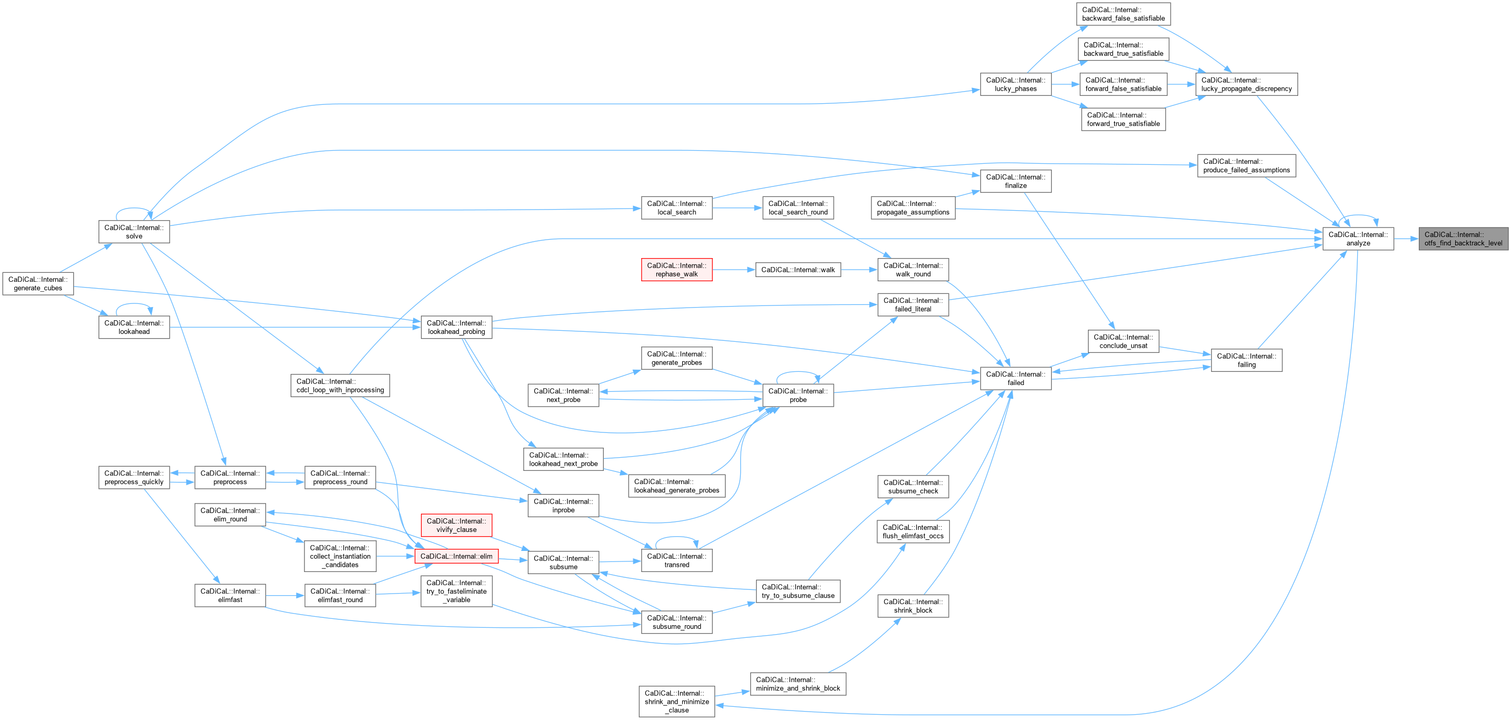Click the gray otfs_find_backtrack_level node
pyautogui.click(x=1463, y=239)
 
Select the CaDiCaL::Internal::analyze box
pyautogui.click(x=1358, y=239)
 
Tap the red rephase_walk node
pyautogui.click(x=676, y=270)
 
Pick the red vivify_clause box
pyautogui.click(x=456, y=525)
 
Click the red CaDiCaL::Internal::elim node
pyautogui.click(x=456, y=556)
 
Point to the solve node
pyautogui.click(x=134, y=232)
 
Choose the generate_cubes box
pyautogui.click(x=38, y=284)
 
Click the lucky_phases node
pyautogui.click(x=1015, y=84)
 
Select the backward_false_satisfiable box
pyautogui.click(x=1123, y=14)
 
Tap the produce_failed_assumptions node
pyautogui.click(x=1247, y=166)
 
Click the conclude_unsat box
pyautogui.click(x=1123, y=341)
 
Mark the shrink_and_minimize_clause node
pyautogui.click(x=677, y=701)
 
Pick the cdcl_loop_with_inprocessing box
pyautogui.click(x=340, y=386)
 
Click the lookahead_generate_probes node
pyautogui.click(x=676, y=486)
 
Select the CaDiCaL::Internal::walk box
pyautogui.click(x=798, y=270)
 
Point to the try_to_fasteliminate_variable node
pyautogui.click(x=456, y=591)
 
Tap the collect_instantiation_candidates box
pyautogui.click(x=340, y=556)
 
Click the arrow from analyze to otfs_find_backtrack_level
pyautogui.click(x=1406, y=239)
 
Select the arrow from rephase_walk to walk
pyautogui.click(x=734, y=270)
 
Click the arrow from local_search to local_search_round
pyautogui.click(x=737, y=208)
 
